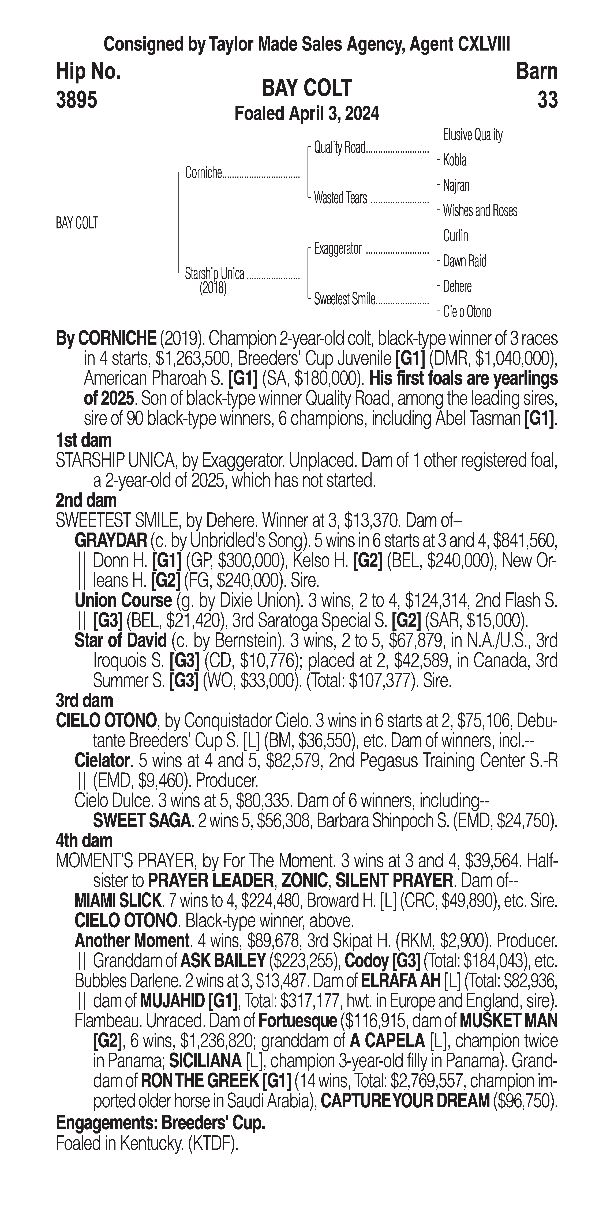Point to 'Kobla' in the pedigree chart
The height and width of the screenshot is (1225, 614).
[x=455, y=160]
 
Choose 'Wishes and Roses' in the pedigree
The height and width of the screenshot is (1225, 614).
[x=480, y=211]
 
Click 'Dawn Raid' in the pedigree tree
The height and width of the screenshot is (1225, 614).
[x=465, y=261]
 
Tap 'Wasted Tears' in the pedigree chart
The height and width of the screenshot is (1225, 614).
[x=340, y=198]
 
